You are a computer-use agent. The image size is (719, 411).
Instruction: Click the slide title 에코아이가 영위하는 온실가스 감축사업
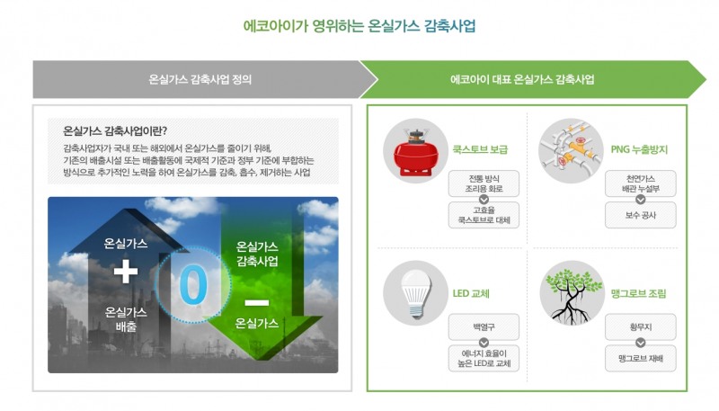pyautogui.click(x=359, y=26)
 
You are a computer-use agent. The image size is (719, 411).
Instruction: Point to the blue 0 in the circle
pyautogui.click(x=192, y=284)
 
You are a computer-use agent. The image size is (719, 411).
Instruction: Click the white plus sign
pyautogui.click(x=126, y=271)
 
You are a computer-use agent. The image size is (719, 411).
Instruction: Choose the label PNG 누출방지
pyautogui.click(x=639, y=148)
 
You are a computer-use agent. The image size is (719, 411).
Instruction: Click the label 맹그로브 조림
pyautogui.click(x=639, y=293)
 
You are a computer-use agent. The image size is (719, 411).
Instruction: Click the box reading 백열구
pyautogui.click(x=484, y=324)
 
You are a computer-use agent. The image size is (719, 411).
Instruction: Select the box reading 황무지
pyautogui.click(x=640, y=324)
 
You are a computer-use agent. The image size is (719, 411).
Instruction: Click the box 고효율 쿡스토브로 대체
pyautogui.click(x=484, y=215)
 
